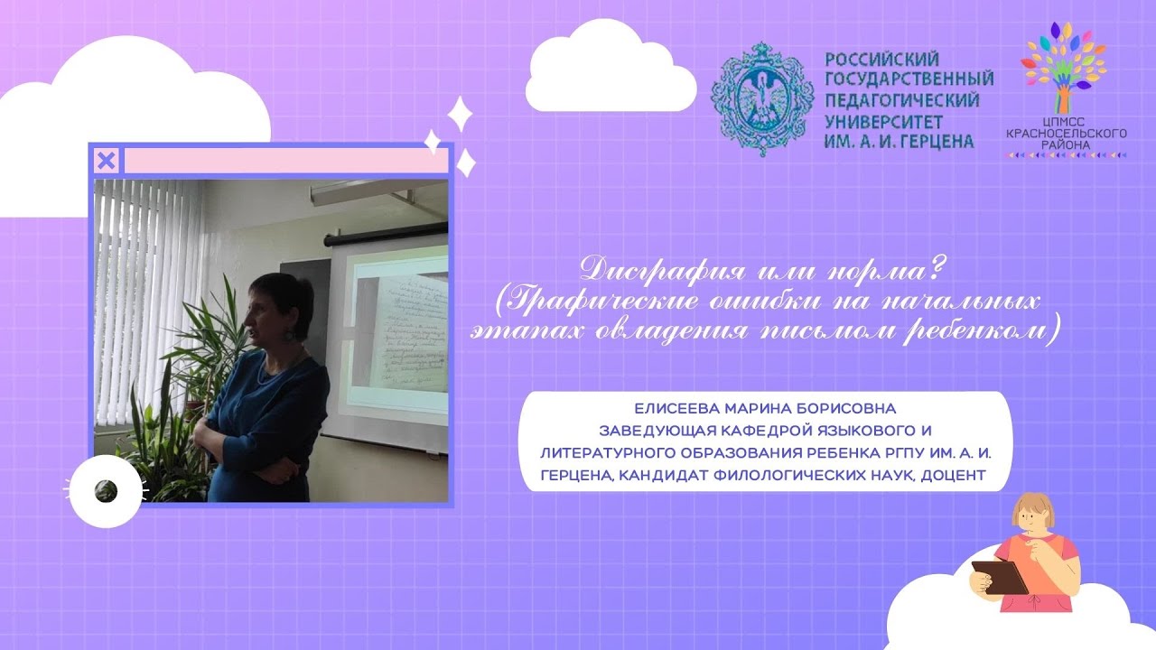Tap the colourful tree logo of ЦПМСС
click(x=1066, y=68)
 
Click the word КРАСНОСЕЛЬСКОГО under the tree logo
click(x=1067, y=134)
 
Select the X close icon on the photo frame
click(x=106, y=161)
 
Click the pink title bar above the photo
click(x=285, y=161)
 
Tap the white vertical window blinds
click(x=149, y=262)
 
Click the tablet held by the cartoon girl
click(x=1000, y=576)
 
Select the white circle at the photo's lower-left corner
click(x=106, y=491)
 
